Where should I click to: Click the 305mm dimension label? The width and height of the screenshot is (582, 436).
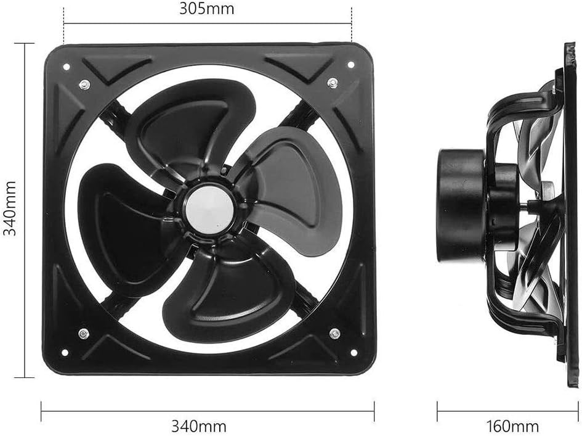207,9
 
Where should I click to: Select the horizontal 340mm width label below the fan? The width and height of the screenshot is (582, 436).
207,426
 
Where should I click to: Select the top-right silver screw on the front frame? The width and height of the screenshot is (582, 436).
333,82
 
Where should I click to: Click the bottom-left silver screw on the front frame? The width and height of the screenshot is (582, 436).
82,334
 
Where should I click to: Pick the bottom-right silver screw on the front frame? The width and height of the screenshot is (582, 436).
334,334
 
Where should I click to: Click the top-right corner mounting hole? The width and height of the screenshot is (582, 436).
351,64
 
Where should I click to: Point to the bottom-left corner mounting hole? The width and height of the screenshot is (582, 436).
63,353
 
